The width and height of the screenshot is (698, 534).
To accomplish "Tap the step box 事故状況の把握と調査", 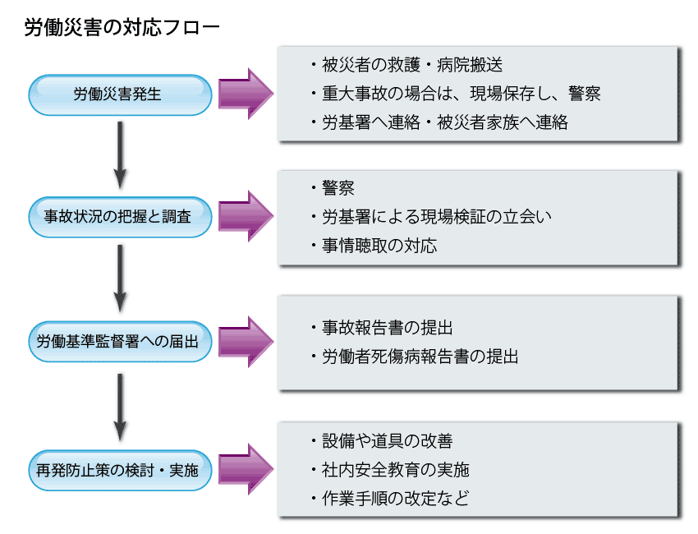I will (122, 217).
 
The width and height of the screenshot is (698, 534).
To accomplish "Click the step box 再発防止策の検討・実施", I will (122, 471).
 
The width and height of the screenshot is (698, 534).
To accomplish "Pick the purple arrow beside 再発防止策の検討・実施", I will (246, 471).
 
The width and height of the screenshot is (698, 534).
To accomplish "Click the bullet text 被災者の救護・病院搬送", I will (411, 65).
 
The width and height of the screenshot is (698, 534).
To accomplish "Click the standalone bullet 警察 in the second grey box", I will (338, 188).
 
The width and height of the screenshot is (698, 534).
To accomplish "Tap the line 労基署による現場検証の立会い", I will (436, 217).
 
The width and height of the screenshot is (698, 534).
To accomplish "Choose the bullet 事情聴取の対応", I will (379, 246).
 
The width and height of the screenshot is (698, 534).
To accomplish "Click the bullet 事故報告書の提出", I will (387, 328).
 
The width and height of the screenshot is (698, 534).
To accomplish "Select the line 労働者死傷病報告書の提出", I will (420, 357).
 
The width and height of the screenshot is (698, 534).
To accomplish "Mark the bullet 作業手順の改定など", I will (395, 499).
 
